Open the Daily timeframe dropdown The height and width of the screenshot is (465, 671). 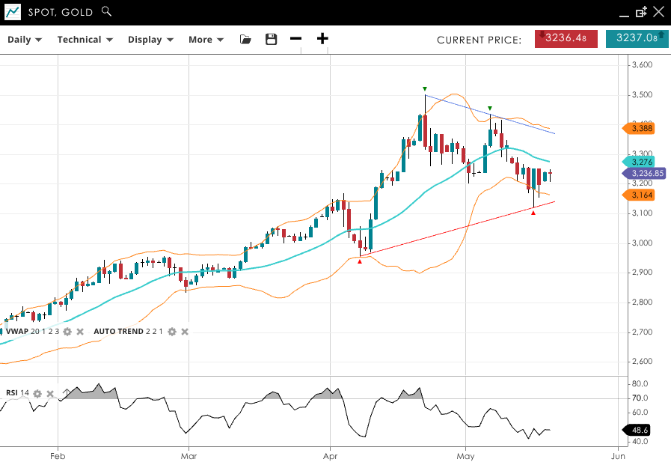pyautogui.click(x=25, y=40)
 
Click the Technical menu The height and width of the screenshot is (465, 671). pyautogui.click(x=85, y=40)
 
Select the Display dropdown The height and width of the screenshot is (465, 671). pyautogui.click(x=150, y=40)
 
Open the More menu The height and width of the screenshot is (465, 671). pyautogui.click(x=206, y=40)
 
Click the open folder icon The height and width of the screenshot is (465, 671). pyautogui.click(x=245, y=40)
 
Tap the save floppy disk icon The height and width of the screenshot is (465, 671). pyautogui.click(x=272, y=40)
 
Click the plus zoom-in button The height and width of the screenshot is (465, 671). pyautogui.click(x=322, y=39)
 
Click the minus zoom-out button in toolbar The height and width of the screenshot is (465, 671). pyautogui.click(x=296, y=39)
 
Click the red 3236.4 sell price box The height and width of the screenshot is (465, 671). pyautogui.click(x=566, y=38)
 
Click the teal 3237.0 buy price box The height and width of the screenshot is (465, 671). pyautogui.click(x=637, y=38)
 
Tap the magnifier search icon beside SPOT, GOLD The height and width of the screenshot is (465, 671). pyautogui.click(x=106, y=11)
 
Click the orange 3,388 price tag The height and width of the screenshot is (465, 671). pyautogui.click(x=640, y=129)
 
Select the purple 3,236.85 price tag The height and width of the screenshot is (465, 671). pyautogui.click(x=643, y=173)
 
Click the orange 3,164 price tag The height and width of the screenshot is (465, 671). pyautogui.click(x=640, y=195)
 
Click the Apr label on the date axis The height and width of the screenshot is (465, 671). pyautogui.click(x=330, y=455)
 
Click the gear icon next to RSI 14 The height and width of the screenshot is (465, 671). pyautogui.click(x=37, y=393)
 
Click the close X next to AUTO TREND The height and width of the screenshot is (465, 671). pyautogui.click(x=185, y=331)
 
